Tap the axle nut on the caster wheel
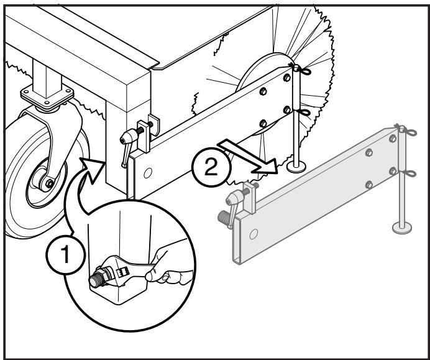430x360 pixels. point(48,183)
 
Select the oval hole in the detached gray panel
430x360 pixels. point(252,235)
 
